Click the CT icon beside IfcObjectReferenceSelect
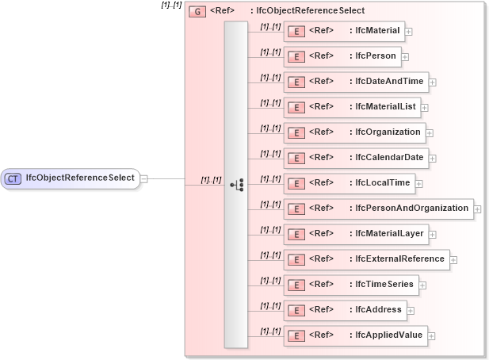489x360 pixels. point(13,178)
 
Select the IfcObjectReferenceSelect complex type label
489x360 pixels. point(79,178)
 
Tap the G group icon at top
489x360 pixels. point(198,12)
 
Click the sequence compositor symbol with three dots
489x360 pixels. point(236,185)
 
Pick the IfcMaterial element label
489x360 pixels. point(377,31)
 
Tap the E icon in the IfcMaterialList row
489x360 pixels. point(295,107)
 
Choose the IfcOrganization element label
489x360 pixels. point(388,132)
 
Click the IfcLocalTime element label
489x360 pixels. point(382,183)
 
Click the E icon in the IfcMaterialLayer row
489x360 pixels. point(295,234)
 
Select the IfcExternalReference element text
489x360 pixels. point(399,259)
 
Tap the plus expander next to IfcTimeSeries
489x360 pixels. point(422,285)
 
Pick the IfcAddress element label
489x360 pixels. point(378,309)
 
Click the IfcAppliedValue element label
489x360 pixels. point(388,335)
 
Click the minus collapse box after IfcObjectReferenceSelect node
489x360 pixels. point(143,178)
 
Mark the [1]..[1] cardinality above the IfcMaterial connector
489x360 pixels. point(270,26)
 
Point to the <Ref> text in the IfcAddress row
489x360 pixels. point(320,309)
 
